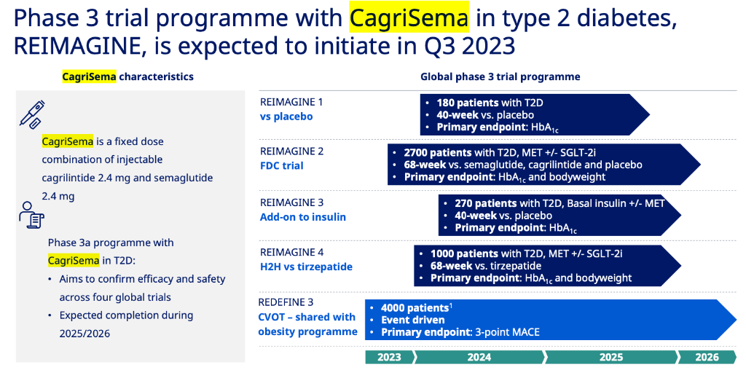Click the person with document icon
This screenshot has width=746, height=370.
tap(31, 215)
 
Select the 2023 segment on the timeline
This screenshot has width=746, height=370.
tap(390, 357)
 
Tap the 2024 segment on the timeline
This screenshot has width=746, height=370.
tap(479, 357)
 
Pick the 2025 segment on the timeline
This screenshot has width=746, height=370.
tap(611, 357)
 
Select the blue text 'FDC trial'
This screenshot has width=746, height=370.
tap(281, 166)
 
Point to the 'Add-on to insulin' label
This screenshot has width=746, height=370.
tap(302, 217)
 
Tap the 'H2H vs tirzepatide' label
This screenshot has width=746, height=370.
tap(306, 267)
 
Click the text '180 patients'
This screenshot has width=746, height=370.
tap(468, 103)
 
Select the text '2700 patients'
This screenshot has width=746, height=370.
tap(438, 153)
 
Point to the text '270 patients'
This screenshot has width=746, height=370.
tap(486, 203)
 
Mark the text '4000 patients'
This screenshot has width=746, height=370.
tap(415, 307)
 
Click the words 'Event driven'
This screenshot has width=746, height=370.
tap(413, 320)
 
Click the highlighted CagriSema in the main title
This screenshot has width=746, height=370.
tap(409, 18)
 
